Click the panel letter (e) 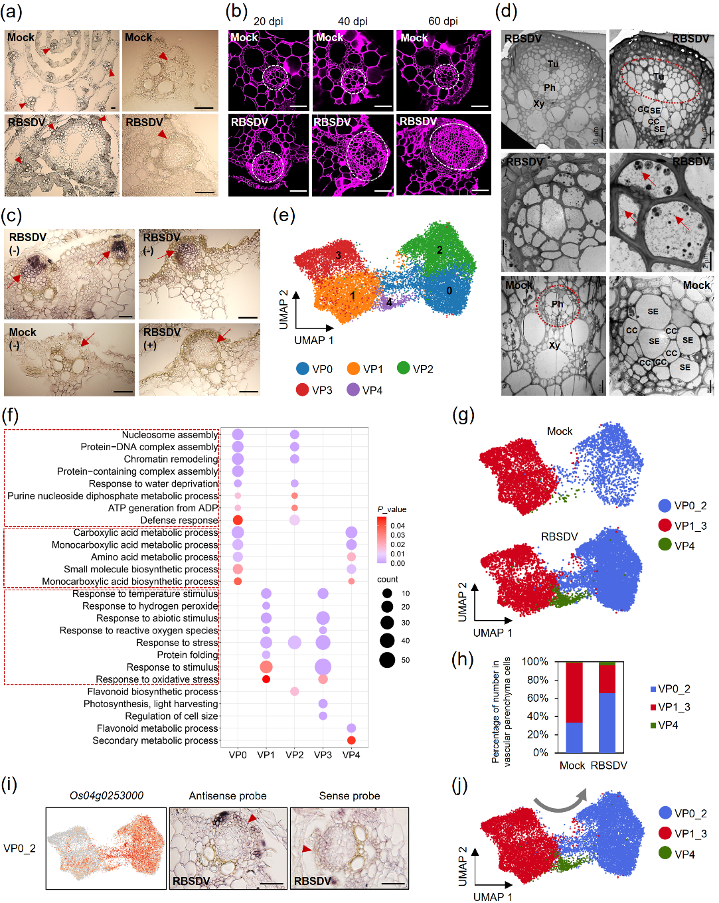[283, 216]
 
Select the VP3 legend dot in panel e [303, 390]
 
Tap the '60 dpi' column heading [443, 21]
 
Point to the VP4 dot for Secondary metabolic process [351, 740]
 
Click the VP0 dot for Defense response [238, 520]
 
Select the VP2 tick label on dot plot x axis [294, 755]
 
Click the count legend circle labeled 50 [387, 660]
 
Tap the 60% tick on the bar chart [535, 698]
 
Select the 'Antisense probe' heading [228, 795]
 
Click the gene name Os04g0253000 [106, 795]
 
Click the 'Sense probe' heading [349, 795]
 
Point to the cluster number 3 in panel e [338, 255]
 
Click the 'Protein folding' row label [187, 655]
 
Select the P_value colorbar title [392, 509]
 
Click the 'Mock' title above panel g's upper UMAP [559, 432]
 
